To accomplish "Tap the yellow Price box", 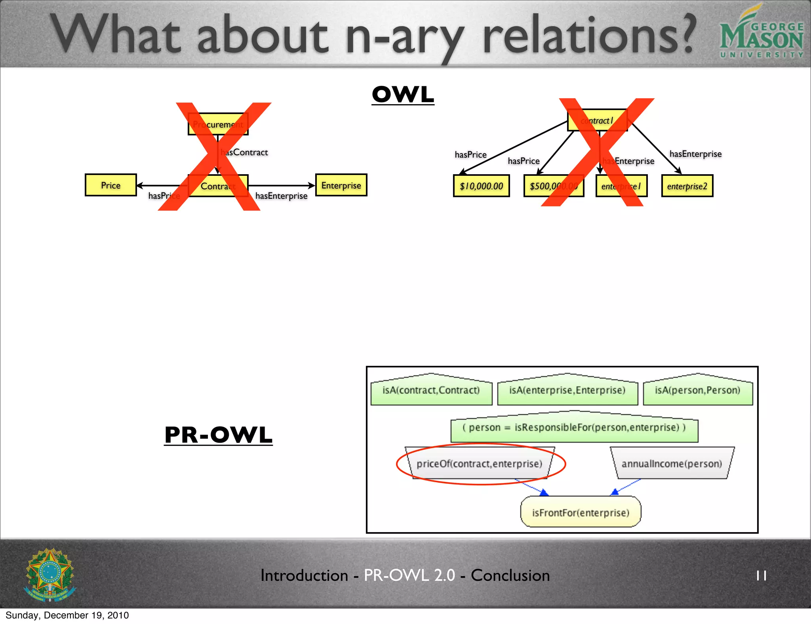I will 110,185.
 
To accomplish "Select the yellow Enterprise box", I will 341,185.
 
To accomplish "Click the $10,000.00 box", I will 481,186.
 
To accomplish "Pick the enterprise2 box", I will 687,186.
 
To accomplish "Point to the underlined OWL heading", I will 403,95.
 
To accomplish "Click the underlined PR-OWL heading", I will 218,435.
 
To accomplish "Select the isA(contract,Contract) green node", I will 431,390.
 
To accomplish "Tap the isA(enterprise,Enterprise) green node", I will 567,390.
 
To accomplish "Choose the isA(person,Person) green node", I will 697,390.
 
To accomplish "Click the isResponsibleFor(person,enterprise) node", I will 574,428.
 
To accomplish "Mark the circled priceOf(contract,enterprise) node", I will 479,464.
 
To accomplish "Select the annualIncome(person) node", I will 672,464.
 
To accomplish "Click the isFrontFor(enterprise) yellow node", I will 580,513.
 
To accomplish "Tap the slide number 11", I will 761,576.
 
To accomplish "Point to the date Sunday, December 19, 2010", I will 67,615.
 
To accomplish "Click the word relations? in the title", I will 588,36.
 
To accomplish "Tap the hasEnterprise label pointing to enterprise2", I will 695,154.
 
